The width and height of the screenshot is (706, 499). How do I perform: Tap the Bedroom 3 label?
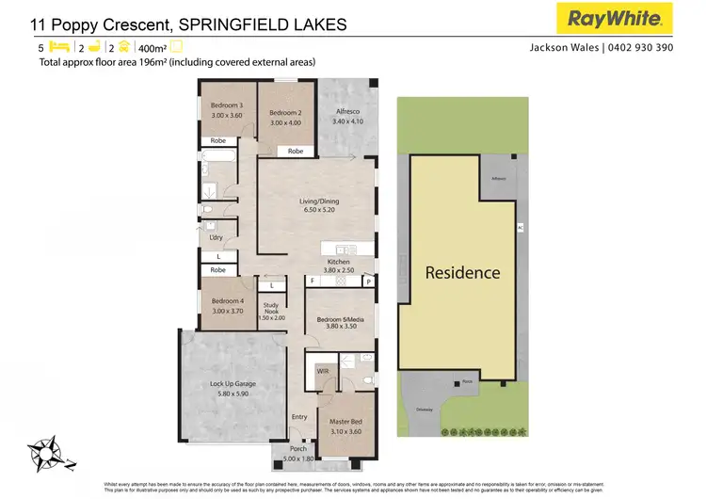(x=227, y=105)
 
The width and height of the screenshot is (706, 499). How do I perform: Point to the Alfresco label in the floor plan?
(x=348, y=111)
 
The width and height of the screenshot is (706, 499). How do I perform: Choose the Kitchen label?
(x=338, y=262)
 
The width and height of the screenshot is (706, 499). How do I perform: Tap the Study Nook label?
(x=271, y=305)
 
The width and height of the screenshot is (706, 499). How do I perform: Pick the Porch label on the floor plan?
(x=297, y=449)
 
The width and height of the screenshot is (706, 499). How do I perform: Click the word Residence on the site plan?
(x=462, y=273)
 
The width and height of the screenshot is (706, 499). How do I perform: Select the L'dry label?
(x=216, y=238)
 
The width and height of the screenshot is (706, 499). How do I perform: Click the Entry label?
(x=299, y=416)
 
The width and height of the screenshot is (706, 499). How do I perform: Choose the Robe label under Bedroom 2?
(x=296, y=151)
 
